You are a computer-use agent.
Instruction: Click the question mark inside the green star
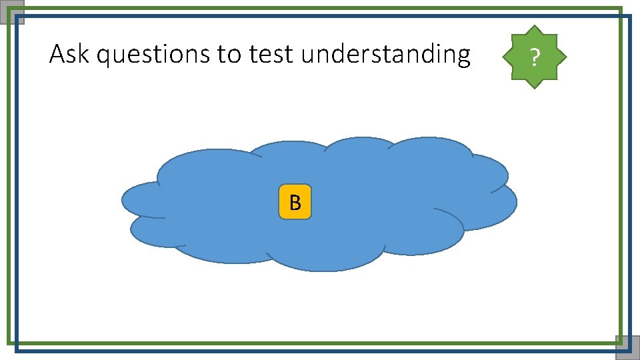point(533,58)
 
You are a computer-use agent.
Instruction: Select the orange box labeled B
point(295,202)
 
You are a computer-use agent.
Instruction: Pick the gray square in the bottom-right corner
point(627,347)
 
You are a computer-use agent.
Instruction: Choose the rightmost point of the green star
point(566,57)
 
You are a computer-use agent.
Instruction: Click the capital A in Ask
point(57,54)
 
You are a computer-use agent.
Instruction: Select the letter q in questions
point(103,57)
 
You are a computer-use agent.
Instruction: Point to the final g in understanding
point(463,57)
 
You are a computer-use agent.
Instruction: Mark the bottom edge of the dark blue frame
point(320,350)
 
